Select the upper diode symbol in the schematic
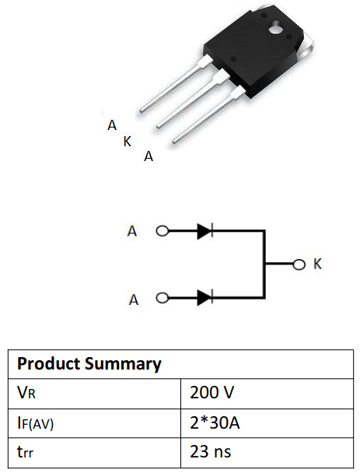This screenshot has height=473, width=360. tap(205, 231)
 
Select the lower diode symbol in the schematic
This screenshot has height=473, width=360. tap(205, 297)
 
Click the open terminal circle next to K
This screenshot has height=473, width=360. tap(298, 265)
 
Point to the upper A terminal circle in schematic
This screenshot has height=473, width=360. tap(163, 231)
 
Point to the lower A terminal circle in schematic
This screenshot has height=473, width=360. tap(163, 297)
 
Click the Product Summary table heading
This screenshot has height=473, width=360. tap(89, 363)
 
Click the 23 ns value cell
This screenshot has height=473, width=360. tap(210, 451)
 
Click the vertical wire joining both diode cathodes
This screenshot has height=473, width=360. tap(265, 265)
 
